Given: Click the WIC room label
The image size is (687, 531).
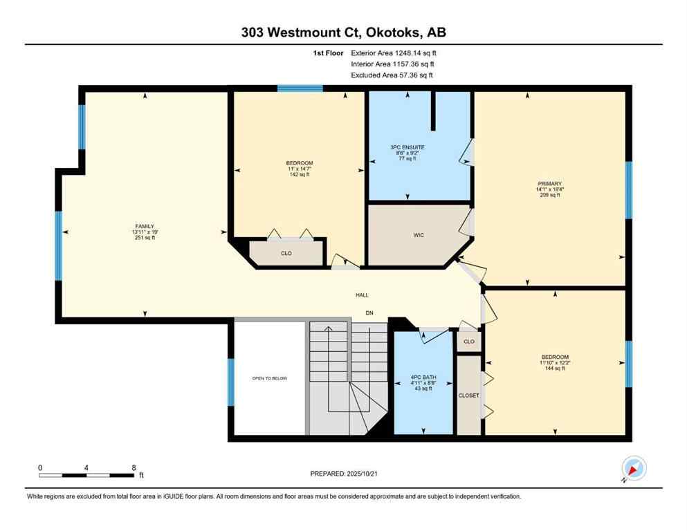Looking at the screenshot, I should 418,235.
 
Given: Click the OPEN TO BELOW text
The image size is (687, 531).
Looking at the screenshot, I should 270,378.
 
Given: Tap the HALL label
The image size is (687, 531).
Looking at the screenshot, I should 362,295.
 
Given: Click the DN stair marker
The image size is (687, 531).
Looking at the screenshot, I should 369,313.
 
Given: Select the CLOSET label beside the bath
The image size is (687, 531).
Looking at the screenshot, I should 468,395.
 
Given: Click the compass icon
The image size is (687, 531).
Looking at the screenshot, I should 634,469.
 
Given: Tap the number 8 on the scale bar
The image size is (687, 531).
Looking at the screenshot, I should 133,467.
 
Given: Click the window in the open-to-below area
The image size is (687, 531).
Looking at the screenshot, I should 231,382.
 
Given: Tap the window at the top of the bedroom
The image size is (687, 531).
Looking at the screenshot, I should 300,88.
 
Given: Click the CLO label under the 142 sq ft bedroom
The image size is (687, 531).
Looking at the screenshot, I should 286,254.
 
